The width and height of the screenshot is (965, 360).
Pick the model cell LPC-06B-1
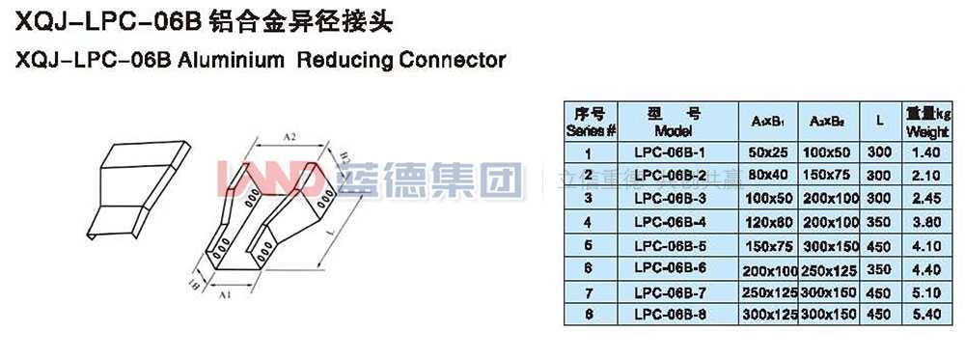point(672,152)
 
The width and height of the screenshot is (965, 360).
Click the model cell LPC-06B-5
point(672,244)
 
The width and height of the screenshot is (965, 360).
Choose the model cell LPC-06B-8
point(672,314)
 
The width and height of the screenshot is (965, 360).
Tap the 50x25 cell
point(768,152)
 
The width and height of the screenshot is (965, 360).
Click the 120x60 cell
point(768,221)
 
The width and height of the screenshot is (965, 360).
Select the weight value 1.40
point(925,152)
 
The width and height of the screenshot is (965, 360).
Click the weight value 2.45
point(925,198)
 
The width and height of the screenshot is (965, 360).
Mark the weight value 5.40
point(925,314)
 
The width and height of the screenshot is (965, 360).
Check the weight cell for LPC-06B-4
point(925,221)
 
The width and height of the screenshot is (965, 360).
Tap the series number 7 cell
point(589,291)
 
